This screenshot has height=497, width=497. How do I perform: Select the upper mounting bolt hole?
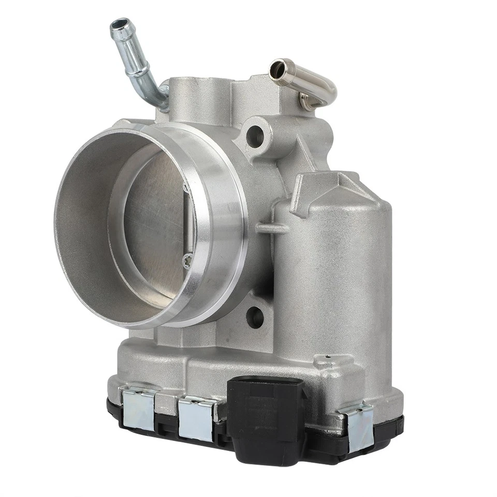(x=255, y=136)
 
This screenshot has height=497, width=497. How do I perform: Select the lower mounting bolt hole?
(x=255, y=317)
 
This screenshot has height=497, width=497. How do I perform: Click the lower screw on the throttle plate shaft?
(x=187, y=259)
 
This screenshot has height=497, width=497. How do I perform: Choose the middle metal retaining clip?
(x=196, y=418)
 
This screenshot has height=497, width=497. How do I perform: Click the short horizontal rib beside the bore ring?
(x=271, y=228)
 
